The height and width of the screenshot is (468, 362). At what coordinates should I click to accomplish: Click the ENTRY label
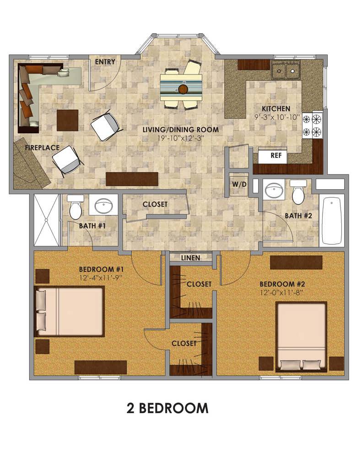pyautogui.click(x=105, y=62)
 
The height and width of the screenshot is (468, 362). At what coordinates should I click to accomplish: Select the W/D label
pyautogui.click(x=239, y=185)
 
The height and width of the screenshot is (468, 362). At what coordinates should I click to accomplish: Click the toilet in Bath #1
pyautogui.click(x=76, y=207)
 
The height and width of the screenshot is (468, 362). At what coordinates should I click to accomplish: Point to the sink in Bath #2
pyautogui.click(x=274, y=190)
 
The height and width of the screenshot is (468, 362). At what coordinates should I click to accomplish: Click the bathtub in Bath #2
pyautogui.click(x=332, y=221)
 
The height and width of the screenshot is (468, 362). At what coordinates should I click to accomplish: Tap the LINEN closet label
pyautogui.click(x=191, y=258)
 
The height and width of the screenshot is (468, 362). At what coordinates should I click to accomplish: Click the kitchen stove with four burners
pyautogui.click(x=313, y=124)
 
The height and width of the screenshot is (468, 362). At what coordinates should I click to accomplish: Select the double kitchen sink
pyautogui.click(x=286, y=70)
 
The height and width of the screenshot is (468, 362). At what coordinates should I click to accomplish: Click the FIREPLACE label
pyautogui.click(x=42, y=148)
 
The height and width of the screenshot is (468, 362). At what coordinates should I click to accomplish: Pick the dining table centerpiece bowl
pyautogui.click(x=183, y=89)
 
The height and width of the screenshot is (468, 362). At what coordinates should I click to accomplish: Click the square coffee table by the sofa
pyautogui.click(x=68, y=120)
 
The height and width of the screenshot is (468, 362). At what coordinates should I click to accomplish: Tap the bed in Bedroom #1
pyautogui.click(x=70, y=311)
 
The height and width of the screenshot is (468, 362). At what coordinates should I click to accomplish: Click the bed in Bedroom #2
pyautogui.click(x=301, y=337)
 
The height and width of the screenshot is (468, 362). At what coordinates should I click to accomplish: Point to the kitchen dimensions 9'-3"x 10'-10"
pyautogui.click(x=276, y=117)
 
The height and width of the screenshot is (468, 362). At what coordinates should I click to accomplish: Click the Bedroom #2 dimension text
pyautogui.click(x=281, y=292)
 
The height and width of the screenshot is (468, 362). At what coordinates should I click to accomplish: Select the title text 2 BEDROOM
pyautogui.click(x=167, y=408)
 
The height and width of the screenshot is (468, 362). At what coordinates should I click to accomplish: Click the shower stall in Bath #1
pyautogui.click(x=46, y=220)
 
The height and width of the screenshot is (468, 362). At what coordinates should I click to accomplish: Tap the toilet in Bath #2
pyautogui.click(x=298, y=192)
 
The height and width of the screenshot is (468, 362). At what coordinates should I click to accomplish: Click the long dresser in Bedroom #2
pyautogui.click(x=296, y=262)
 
